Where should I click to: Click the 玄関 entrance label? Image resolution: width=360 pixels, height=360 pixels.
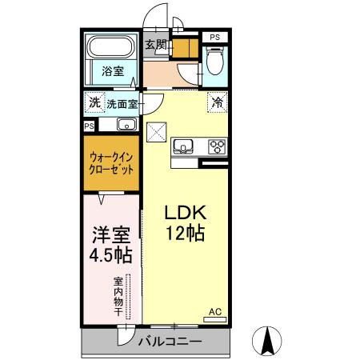[x=155, y=45]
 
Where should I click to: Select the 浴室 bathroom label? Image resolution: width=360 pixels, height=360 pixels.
[x=112, y=72]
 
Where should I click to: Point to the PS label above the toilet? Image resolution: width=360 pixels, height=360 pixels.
[x=214, y=37]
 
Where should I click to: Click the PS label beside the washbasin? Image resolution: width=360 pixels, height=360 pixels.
[x=90, y=126]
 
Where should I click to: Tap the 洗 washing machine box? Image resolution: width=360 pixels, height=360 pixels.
[x=94, y=102]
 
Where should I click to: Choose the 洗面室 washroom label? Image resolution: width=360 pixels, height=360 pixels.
[x=122, y=103]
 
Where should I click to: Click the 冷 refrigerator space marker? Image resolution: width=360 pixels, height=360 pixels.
[x=217, y=102]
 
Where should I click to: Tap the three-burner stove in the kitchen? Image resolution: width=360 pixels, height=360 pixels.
[x=216, y=146]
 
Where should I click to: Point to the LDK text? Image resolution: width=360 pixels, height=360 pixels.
[x=186, y=213]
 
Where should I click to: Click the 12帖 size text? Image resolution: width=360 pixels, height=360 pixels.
[x=186, y=234]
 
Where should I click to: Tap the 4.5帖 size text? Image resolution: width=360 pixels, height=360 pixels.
[x=110, y=258]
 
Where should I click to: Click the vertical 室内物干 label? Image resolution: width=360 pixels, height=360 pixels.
[x=118, y=296]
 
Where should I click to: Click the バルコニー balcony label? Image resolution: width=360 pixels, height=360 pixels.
[x=168, y=342]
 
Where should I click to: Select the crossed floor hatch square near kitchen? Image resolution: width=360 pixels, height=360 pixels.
[x=157, y=130]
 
